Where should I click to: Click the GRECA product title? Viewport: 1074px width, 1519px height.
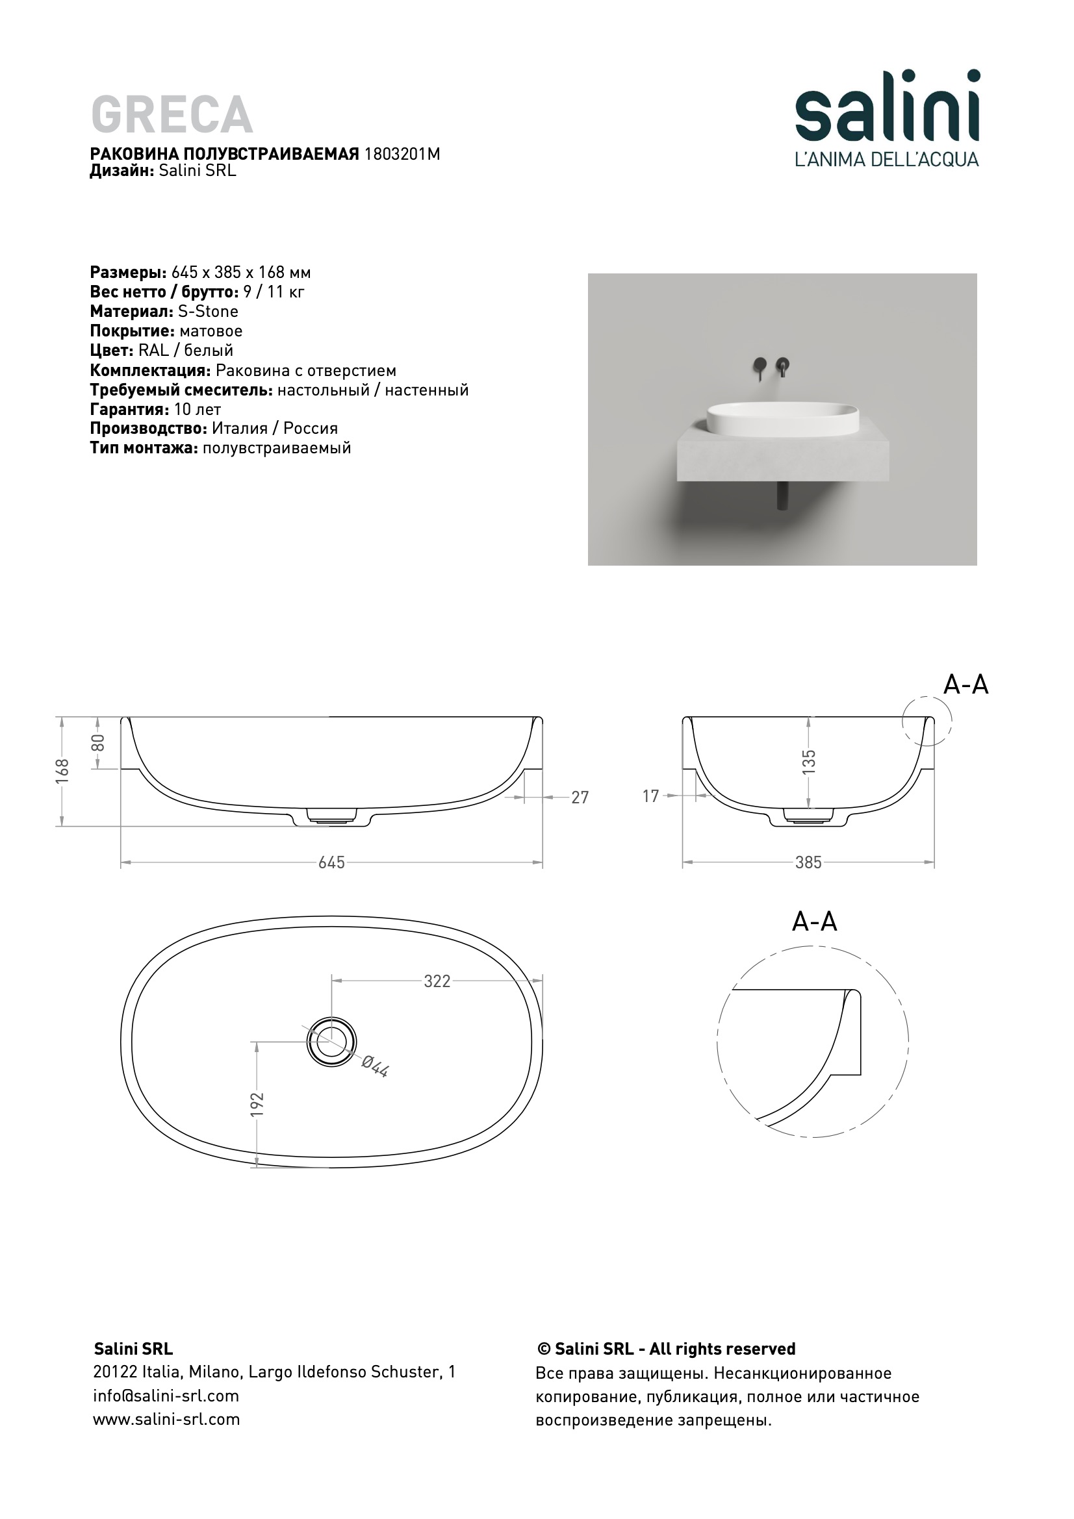click(x=172, y=114)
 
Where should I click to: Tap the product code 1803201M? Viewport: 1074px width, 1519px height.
click(x=402, y=154)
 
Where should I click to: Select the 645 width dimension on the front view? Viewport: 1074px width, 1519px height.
click(x=331, y=862)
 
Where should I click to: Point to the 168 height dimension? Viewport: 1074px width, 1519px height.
click(x=63, y=772)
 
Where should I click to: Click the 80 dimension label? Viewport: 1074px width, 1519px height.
click(x=99, y=743)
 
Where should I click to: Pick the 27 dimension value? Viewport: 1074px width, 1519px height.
click(x=580, y=798)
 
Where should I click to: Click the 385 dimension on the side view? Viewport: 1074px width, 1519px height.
click(x=808, y=862)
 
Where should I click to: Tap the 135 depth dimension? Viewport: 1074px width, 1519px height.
click(x=809, y=762)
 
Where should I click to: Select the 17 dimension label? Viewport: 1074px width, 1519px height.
click(x=651, y=797)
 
